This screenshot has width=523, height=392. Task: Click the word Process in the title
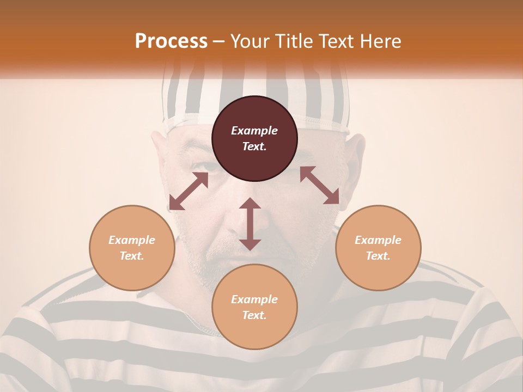point(171,41)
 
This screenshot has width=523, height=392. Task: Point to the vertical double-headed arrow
point(250,224)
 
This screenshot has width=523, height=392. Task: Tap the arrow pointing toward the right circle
point(320,185)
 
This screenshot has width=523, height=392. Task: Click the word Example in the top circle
point(254,131)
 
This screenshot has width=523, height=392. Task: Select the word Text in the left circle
point(132,256)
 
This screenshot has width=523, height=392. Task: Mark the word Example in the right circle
point(378,240)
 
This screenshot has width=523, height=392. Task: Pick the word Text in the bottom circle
point(254,315)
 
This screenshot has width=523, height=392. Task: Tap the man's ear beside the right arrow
point(355,163)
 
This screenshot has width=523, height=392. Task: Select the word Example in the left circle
point(132,240)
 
